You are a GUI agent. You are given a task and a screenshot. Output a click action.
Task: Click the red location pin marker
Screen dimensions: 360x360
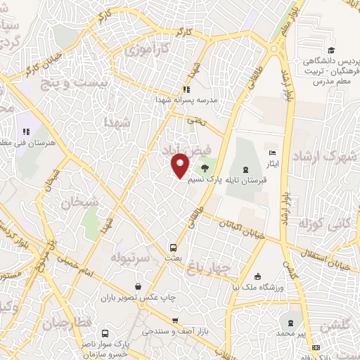point(181,167)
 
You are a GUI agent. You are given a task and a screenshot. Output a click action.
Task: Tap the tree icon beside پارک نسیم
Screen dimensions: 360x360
point(204,167)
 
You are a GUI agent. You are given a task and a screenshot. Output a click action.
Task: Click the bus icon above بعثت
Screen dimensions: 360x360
point(172,247)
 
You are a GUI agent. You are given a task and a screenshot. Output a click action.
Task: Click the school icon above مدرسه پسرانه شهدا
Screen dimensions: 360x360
point(186,89)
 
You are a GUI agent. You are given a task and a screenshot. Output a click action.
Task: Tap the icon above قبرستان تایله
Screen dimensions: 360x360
point(245,169)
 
